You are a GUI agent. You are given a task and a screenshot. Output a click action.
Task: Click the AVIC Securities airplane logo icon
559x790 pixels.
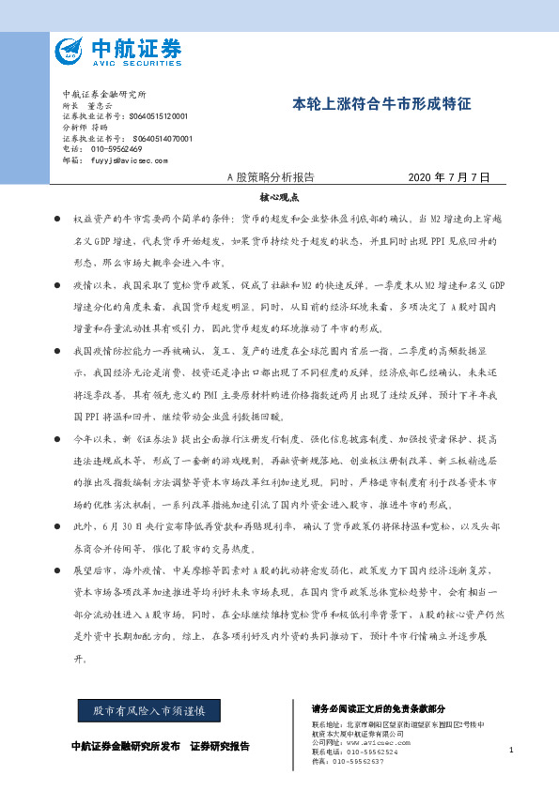[68, 51]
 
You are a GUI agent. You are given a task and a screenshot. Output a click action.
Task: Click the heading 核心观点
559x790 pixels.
[279, 199]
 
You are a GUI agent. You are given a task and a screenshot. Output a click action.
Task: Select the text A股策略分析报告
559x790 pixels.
[272, 177]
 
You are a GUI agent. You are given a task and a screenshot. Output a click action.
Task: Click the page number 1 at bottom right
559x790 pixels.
[510, 750]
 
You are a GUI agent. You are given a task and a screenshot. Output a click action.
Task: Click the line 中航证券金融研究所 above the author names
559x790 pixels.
[104, 96]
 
